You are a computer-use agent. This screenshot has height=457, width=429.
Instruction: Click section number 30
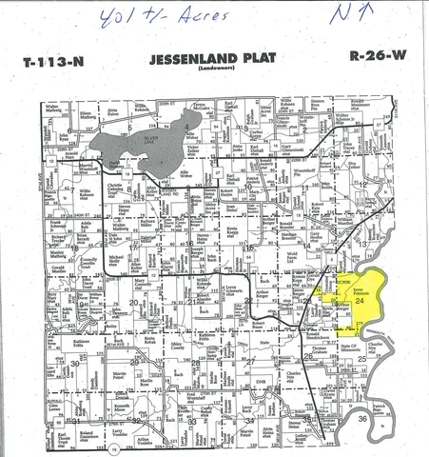tap(73, 364)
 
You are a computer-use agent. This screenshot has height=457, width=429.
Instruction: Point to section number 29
tap(133, 363)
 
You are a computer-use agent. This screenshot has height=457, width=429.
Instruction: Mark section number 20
tap(133, 303)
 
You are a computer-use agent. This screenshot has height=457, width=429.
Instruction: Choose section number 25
tap(361, 360)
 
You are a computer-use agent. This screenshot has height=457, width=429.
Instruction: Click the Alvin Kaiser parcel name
tap(112, 111)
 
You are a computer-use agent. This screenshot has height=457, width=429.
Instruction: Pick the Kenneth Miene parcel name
tap(122, 407)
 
